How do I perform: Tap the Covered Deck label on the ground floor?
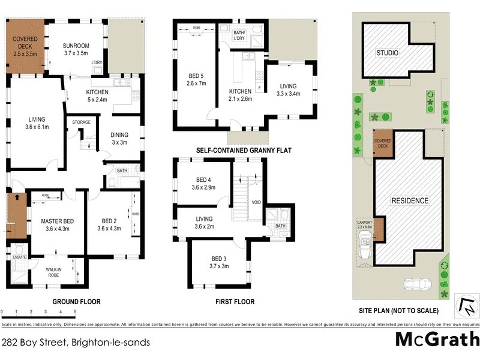(x=26, y=45)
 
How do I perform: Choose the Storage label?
(x=81, y=122)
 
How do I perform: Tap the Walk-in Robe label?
(x=57, y=273)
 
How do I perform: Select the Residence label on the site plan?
(x=410, y=200)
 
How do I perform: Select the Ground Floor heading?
(x=76, y=301)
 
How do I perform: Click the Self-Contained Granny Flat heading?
(x=244, y=150)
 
